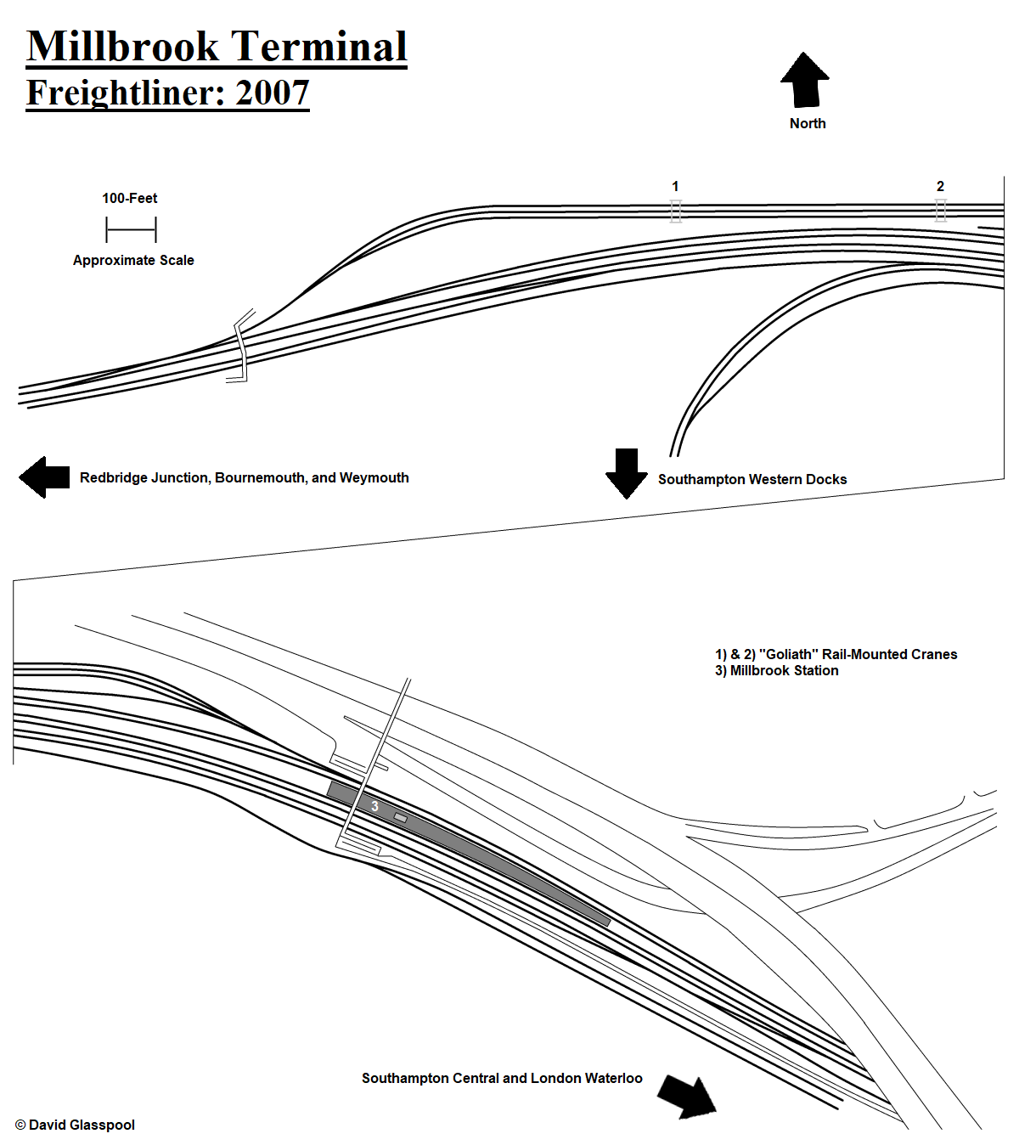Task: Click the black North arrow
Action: point(804,80)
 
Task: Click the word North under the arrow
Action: point(807,123)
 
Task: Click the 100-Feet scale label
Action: point(129,199)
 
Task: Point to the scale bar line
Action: point(131,229)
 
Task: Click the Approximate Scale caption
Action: point(133,260)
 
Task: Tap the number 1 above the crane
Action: point(675,186)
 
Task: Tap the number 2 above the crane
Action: point(940,186)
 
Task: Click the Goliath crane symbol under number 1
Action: point(675,212)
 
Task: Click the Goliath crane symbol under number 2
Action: point(940,211)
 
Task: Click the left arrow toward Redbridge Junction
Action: point(44,477)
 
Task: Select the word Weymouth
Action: point(374,477)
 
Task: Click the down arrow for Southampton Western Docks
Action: point(626,474)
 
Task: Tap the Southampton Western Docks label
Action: point(752,479)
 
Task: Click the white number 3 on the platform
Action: point(374,806)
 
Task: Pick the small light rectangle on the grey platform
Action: point(400,818)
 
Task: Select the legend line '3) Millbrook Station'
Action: point(776,670)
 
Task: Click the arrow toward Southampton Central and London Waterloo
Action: point(687,1097)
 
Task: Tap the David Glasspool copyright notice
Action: point(76,1125)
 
